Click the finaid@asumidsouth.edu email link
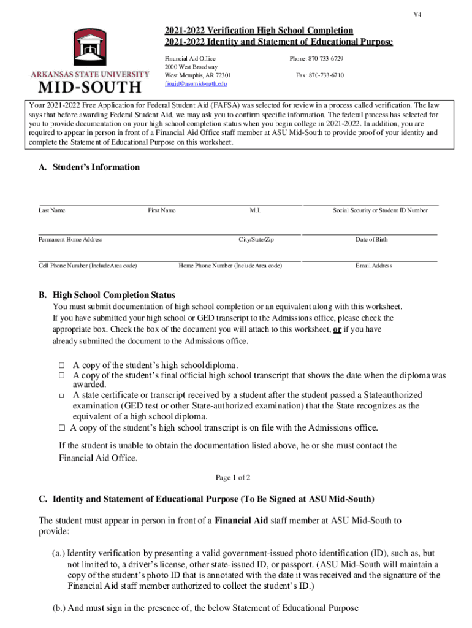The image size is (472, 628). [x=196, y=83]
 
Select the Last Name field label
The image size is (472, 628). [x=52, y=210]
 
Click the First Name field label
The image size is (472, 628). [x=162, y=210]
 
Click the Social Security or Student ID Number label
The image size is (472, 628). [x=380, y=210]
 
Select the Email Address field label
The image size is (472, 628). [x=374, y=266]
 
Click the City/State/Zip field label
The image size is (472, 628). [x=256, y=240]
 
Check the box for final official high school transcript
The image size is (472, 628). [x=62, y=375]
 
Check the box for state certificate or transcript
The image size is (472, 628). [x=62, y=396]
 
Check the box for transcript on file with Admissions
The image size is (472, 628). [x=62, y=427]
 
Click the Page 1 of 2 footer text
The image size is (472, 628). [x=233, y=478]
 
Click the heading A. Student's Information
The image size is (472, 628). [x=89, y=167]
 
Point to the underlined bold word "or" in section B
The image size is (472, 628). [x=337, y=330]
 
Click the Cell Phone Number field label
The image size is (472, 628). [x=88, y=266]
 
